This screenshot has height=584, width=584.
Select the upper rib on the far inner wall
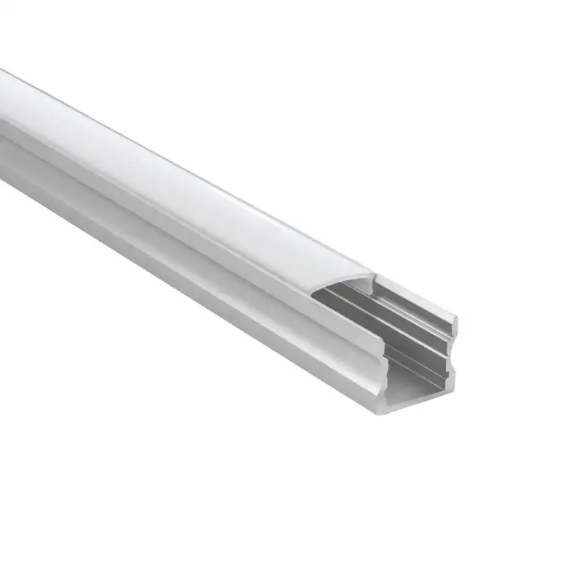[x=394, y=307]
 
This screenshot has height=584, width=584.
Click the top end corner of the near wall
[x=385, y=338]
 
